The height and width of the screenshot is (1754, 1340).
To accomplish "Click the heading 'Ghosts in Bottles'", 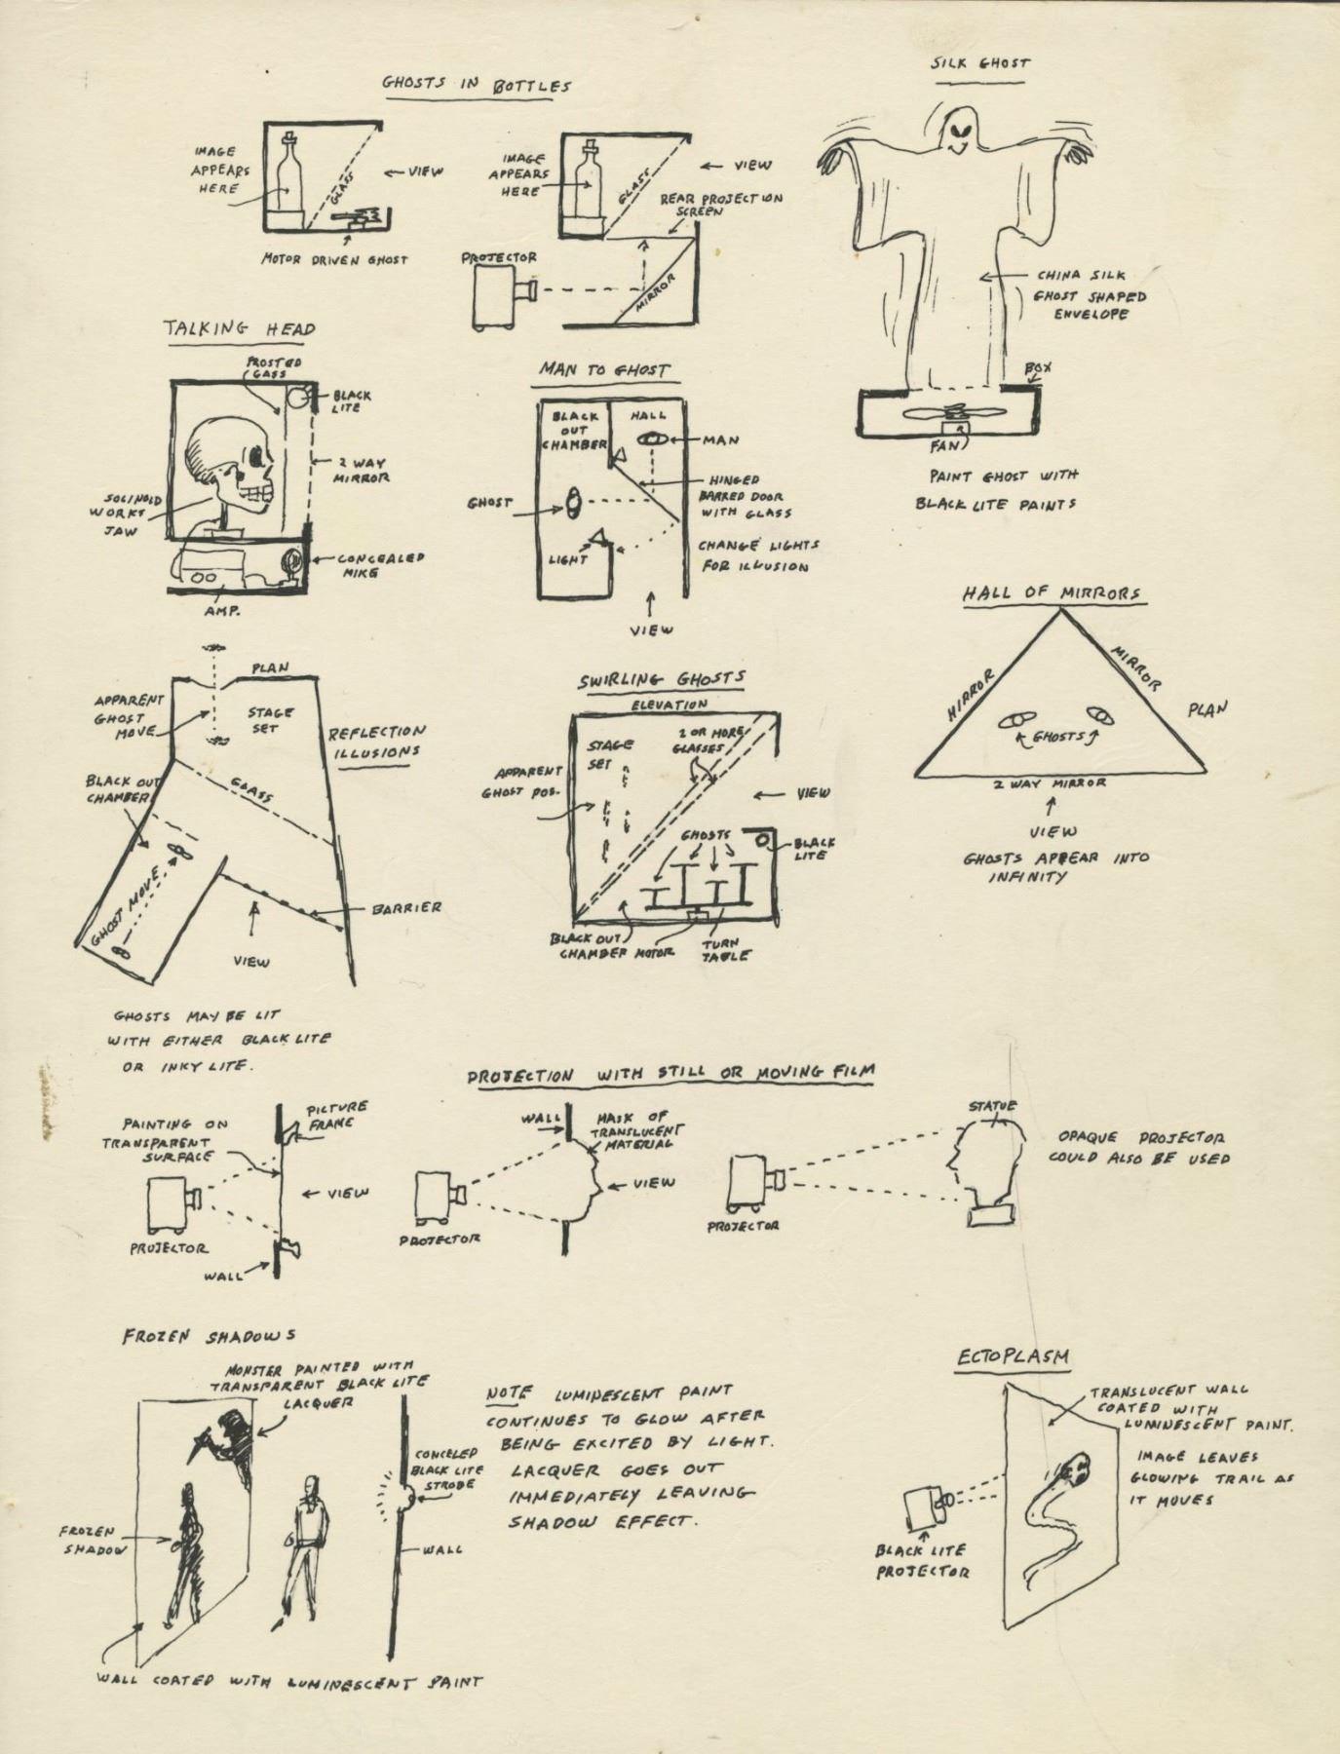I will (x=476, y=84).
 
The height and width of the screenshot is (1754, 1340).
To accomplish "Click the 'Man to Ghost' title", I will (x=604, y=370).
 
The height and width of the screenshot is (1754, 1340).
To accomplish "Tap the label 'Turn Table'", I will (x=726, y=950).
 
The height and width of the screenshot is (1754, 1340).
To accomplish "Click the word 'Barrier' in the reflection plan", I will (x=407, y=907).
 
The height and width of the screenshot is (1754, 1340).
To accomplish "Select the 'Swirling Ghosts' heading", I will (x=662, y=679).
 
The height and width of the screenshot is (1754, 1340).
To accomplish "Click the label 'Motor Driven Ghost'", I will (x=334, y=259).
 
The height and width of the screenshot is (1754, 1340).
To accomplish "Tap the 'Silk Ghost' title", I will (x=979, y=63).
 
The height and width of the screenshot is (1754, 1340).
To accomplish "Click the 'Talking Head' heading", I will (x=239, y=329).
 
